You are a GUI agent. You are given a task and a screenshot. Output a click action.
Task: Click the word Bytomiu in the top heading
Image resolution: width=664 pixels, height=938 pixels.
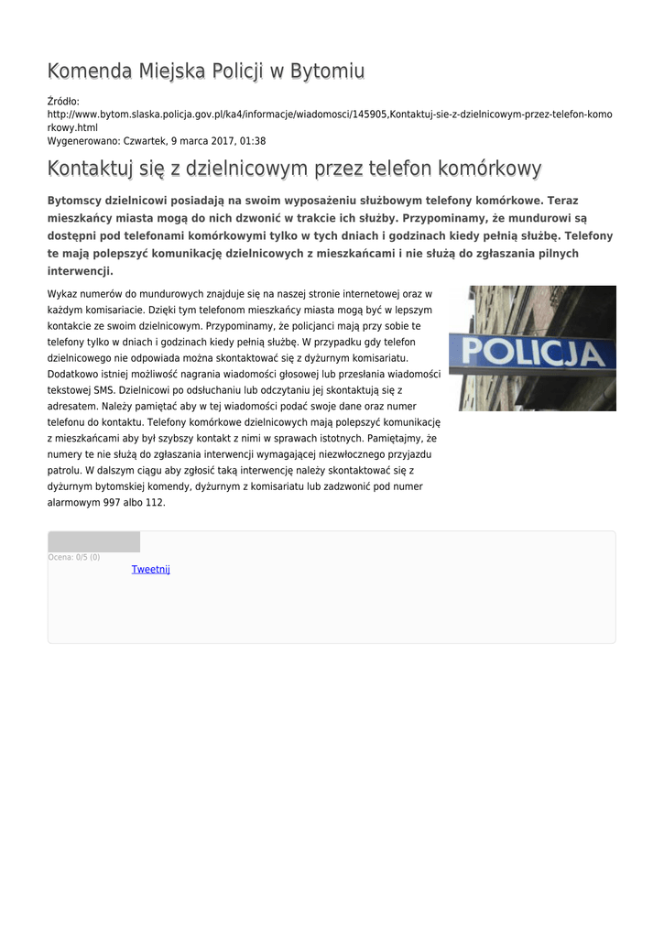tap(327, 71)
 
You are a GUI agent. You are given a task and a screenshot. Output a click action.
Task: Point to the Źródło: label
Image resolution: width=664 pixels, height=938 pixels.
tap(63, 102)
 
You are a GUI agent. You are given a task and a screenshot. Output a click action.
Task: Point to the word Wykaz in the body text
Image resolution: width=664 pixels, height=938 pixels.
tap(60, 294)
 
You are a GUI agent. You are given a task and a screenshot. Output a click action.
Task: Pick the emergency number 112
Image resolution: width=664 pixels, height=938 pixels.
tap(155, 503)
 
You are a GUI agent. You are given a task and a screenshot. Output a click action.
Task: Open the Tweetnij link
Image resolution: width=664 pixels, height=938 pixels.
tap(150, 570)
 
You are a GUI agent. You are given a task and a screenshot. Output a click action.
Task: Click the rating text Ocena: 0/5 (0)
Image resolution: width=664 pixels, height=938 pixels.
tap(73, 557)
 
